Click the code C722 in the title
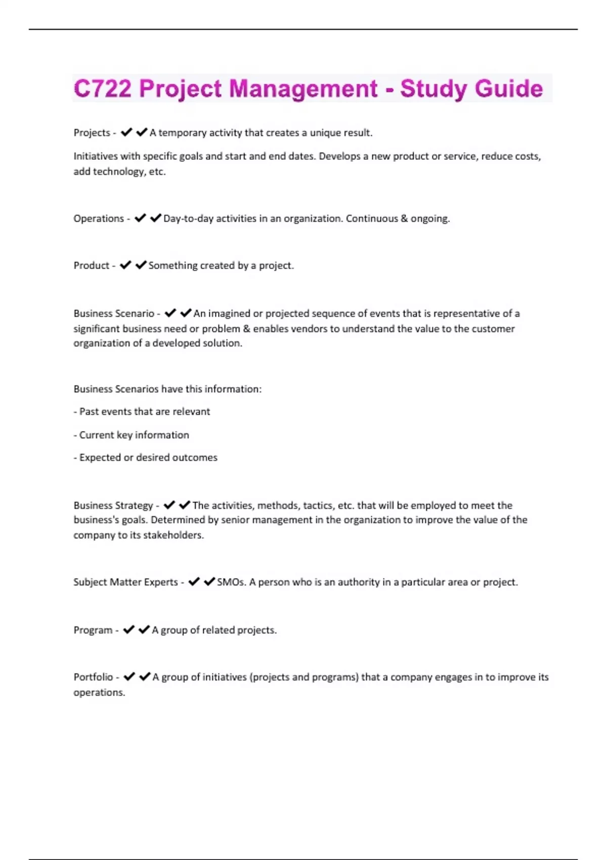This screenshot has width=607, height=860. [103, 89]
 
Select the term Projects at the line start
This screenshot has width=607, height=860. [92, 133]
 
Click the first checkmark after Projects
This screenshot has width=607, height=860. [126, 133]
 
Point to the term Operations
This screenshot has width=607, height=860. [98, 219]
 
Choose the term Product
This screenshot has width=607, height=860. [91, 266]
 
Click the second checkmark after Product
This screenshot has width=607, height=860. [141, 265]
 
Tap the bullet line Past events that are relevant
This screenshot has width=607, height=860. [142, 412]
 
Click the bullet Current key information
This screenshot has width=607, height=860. [132, 435]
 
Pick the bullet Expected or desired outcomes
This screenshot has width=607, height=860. [146, 458]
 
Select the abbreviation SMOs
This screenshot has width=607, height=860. [231, 582]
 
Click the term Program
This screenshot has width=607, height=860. [93, 630]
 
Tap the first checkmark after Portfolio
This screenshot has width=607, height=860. [129, 677]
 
